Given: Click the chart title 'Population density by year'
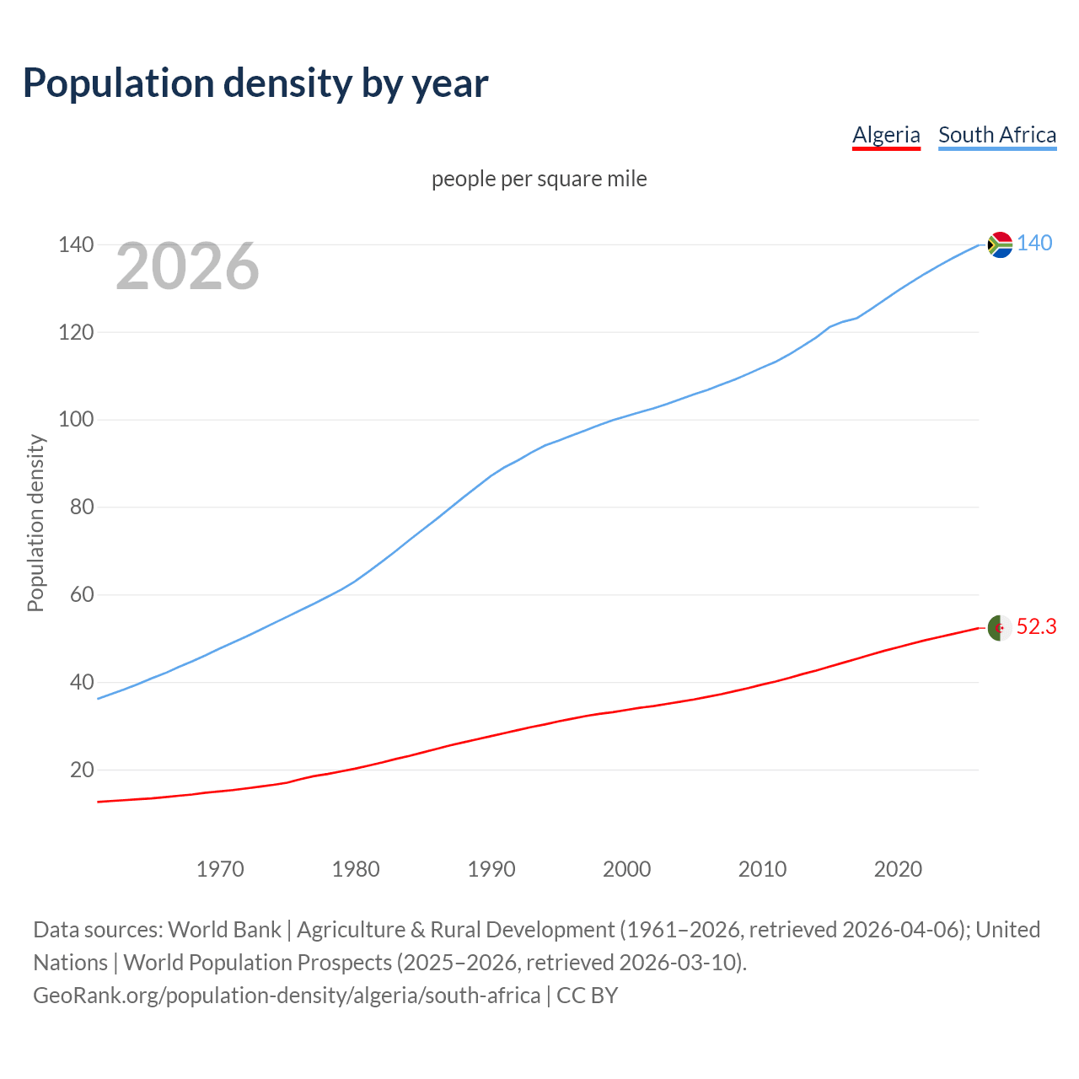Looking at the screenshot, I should pyautogui.click(x=255, y=83).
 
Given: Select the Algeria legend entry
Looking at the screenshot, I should pyautogui.click(x=886, y=135).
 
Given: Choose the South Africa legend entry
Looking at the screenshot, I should pyautogui.click(x=997, y=135).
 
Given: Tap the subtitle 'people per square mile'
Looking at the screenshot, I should pyautogui.click(x=539, y=180).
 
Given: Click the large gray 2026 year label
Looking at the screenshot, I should pyautogui.click(x=187, y=266).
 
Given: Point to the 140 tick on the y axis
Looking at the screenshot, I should pyautogui.click(x=76, y=245).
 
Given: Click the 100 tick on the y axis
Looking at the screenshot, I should pyautogui.click(x=76, y=420).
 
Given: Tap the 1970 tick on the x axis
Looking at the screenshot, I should pyautogui.click(x=220, y=869).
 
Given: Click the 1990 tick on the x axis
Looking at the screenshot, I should pyautogui.click(x=491, y=869).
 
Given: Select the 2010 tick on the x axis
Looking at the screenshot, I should pyautogui.click(x=762, y=869).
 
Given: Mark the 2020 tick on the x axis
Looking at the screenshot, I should pyautogui.click(x=898, y=869).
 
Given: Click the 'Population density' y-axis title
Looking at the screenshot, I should pyautogui.click(x=35, y=523).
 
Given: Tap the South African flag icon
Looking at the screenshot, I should pyautogui.click(x=1000, y=244).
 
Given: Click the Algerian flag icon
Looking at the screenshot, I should pyautogui.click(x=1000, y=628).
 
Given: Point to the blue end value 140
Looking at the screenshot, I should pyautogui.click(x=1034, y=244).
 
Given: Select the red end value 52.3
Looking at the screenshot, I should pyautogui.click(x=1036, y=627).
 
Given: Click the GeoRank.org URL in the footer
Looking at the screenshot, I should pyautogui.click(x=287, y=996).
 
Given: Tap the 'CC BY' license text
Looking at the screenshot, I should pyautogui.click(x=588, y=996).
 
